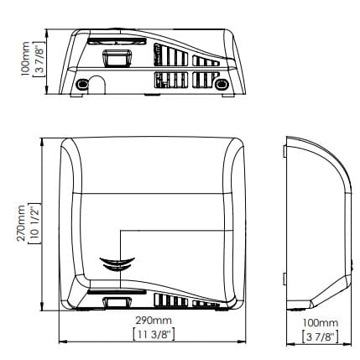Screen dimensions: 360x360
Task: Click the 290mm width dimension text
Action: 154,321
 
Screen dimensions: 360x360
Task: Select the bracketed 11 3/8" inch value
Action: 154,335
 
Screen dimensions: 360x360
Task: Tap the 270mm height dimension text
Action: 21,223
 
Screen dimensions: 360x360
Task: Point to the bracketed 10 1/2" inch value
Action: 35,223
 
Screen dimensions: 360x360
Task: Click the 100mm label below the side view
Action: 321,323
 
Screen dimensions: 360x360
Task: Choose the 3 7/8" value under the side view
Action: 321,337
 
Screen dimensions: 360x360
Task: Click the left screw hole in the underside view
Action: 82,84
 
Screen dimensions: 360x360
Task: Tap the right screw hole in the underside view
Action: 222,84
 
